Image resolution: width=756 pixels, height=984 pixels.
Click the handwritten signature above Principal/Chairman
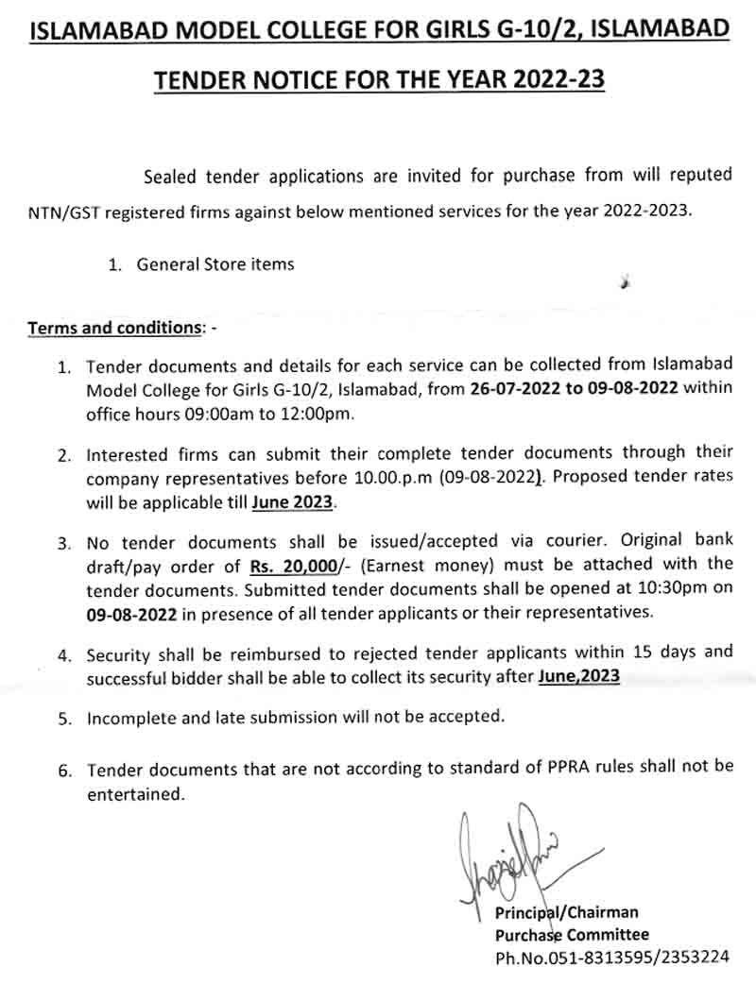[510, 855]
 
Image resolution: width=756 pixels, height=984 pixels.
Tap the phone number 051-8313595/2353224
[612, 957]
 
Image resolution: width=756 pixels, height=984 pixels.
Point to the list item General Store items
[215, 264]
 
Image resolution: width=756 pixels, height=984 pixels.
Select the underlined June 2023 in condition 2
[292, 502]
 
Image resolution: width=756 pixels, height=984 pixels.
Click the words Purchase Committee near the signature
[572, 935]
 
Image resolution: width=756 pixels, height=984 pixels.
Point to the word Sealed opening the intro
[171, 176]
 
